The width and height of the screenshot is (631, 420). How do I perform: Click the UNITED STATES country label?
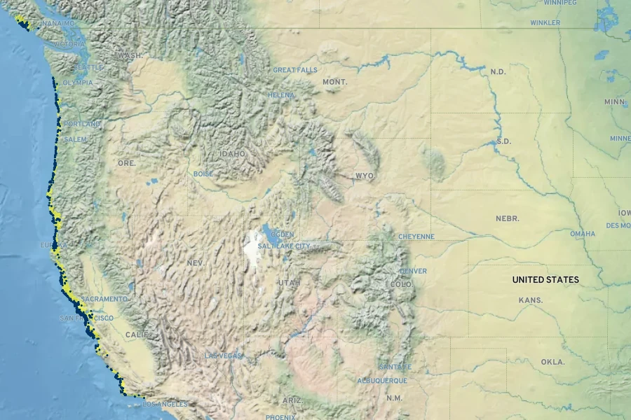[x=545, y=279]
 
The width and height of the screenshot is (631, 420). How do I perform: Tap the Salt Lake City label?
[x=284, y=246]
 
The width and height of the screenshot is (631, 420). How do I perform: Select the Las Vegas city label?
[x=222, y=356]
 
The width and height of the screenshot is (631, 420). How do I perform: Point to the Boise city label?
[x=203, y=174]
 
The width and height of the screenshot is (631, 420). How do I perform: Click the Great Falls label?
[x=294, y=70]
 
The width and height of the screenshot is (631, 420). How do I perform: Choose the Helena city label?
[x=281, y=95]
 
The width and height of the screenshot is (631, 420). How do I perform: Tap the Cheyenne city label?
[x=416, y=237]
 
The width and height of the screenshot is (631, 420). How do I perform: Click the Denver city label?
[x=413, y=271]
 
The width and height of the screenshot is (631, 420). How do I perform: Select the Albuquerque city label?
[x=382, y=380]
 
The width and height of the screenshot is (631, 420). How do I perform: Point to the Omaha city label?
[x=582, y=234]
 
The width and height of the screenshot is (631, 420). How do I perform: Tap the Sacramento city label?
[x=104, y=299]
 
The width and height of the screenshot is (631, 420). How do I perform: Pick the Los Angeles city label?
[x=165, y=404]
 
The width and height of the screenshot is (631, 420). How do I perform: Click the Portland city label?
[x=82, y=124]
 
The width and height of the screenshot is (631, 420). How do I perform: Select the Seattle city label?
[x=90, y=67]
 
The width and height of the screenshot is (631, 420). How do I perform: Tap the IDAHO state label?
[x=232, y=153]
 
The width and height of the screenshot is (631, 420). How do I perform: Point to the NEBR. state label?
[x=508, y=218]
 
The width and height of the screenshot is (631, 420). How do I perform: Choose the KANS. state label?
[x=530, y=300]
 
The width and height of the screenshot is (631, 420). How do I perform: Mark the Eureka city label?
[x=53, y=245]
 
